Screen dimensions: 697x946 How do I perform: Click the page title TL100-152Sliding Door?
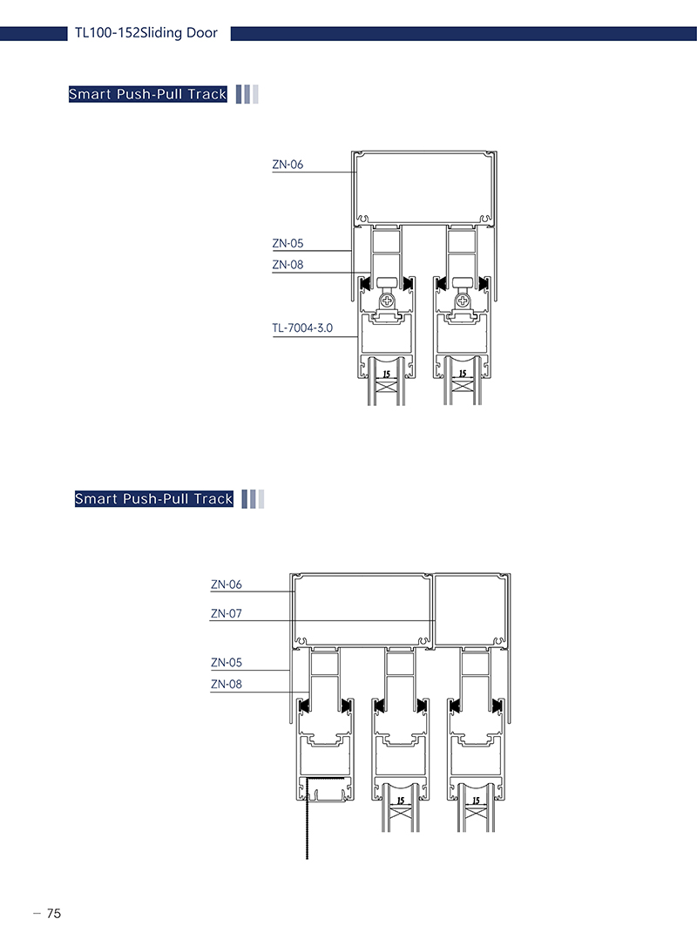146,33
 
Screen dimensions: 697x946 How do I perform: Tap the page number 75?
54,914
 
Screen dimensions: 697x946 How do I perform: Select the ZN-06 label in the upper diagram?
288,164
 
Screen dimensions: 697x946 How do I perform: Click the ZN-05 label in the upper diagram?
288,243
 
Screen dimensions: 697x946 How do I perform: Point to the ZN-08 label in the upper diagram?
288,264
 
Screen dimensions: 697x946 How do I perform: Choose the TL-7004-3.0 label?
302,328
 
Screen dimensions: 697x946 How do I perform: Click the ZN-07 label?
227,613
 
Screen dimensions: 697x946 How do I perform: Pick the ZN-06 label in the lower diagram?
227,584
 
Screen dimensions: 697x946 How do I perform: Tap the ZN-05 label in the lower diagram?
227,662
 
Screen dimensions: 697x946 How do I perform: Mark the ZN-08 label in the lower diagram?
227,684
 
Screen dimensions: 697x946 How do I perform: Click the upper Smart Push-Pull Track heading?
148,94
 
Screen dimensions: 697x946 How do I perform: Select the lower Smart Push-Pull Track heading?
154,499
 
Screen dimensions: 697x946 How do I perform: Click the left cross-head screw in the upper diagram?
387,301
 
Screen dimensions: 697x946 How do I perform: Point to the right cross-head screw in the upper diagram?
463,301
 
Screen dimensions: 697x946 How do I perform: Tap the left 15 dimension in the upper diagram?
386,375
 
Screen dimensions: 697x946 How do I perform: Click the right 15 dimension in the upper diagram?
463,374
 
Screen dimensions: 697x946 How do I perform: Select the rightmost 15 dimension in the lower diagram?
476,801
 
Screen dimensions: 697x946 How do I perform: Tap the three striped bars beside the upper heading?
247,94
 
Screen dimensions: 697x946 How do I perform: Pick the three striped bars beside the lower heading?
253,499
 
